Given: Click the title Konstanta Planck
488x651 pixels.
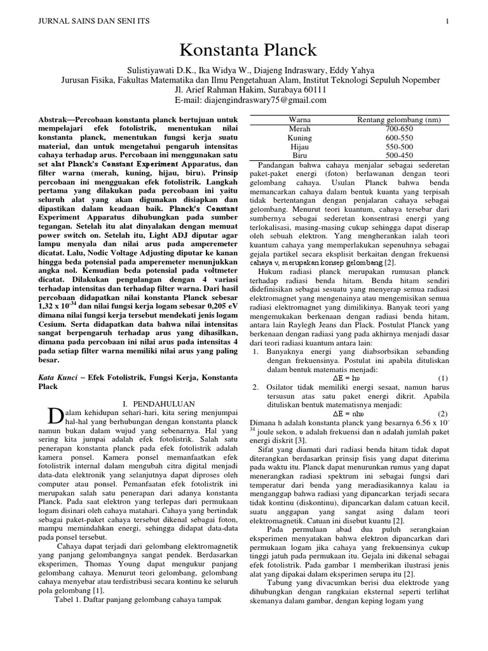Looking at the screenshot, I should [x=243, y=50].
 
